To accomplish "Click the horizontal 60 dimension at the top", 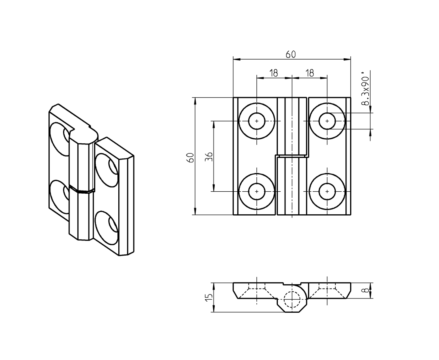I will tap(291, 55).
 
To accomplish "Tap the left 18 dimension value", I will tap(273, 73).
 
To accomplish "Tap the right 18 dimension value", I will tap(310, 73).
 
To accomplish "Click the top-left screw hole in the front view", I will tap(257, 121).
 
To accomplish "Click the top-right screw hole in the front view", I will tap(327, 121).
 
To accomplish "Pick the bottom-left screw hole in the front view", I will tap(257, 191).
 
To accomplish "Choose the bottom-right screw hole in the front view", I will tap(327, 191).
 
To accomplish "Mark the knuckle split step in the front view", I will tap(292, 155).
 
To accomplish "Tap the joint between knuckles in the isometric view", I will tap(82, 189).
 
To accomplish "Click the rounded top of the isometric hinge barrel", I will tap(84, 135).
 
